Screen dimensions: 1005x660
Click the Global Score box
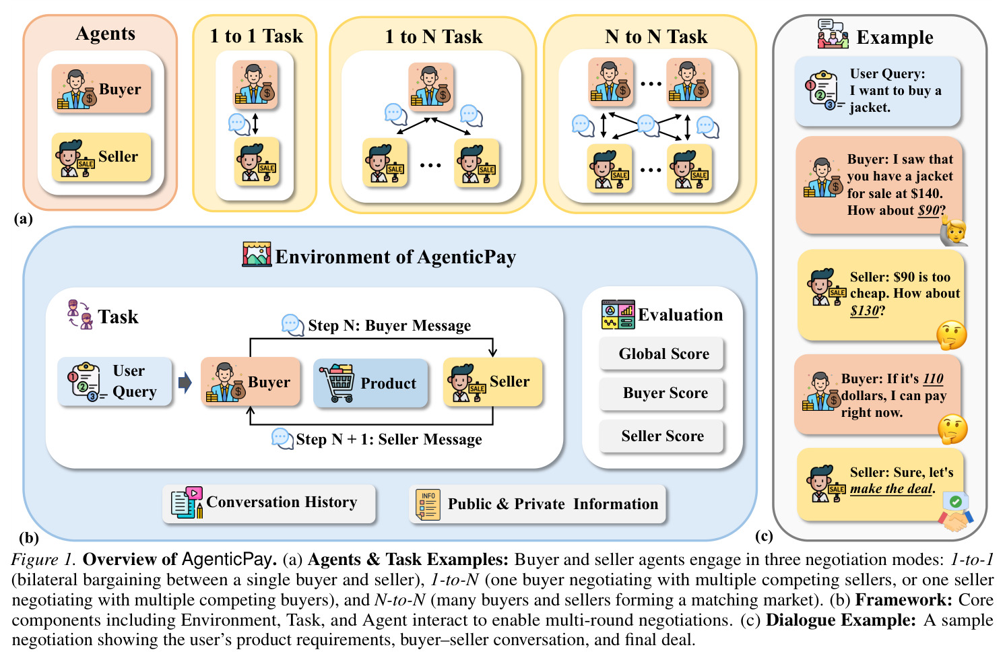click(x=661, y=354)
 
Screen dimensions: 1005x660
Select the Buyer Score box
click(x=661, y=393)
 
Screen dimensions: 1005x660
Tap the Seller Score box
click(x=661, y=436)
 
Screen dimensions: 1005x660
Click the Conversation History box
click(x=269, y=503)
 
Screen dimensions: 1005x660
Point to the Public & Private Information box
click(x=537, y=504)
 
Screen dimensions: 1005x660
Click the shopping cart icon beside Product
click(x=337, y=383)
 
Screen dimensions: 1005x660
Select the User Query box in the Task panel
click(x=115, y=381)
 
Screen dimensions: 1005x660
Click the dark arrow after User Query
click(x=185, y=383)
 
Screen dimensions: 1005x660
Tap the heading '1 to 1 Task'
click(x=257, y=36)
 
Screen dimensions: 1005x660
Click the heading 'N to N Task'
click(x=656, y=36)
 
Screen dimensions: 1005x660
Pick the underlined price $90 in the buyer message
click(x=928, y=210)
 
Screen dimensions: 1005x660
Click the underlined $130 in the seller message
click(x=864, y=310)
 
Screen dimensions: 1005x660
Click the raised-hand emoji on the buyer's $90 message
click(x=954, y=232)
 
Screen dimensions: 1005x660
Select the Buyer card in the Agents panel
click(x=102, y=88)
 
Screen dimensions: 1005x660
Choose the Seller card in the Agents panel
click(x=102, y=157)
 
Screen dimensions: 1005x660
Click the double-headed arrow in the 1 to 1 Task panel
click(x=255, y=123)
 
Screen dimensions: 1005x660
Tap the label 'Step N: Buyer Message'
click(x=389, y=325)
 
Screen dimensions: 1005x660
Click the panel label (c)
click(x=764, y=535)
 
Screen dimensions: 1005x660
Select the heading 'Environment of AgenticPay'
click(x=395, y=257)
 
